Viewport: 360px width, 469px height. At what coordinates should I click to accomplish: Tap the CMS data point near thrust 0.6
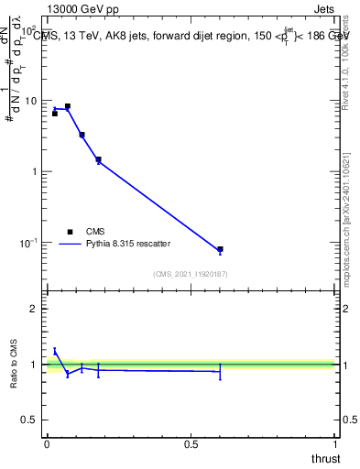(220, 249)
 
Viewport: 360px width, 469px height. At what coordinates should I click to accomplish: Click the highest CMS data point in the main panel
(67, 106)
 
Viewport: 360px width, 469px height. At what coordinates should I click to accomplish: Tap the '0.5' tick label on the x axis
(191, 442)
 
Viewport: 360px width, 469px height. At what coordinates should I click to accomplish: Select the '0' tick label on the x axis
(47, 442)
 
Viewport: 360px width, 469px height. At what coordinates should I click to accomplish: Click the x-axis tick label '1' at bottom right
(335, 442)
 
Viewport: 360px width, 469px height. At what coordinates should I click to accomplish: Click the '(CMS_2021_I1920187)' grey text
(191, 273)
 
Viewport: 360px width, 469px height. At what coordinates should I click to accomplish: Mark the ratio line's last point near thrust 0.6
(220, 371)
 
